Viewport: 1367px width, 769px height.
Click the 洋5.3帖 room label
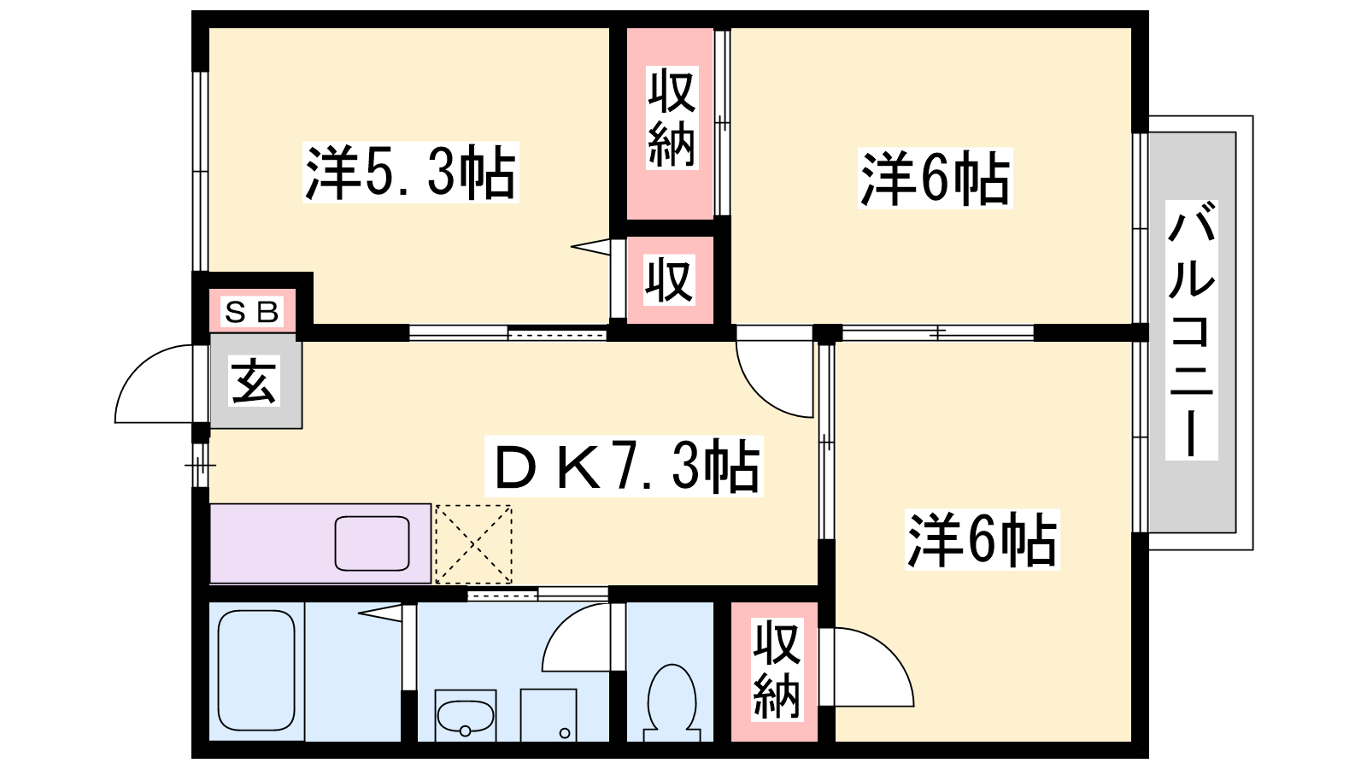(x=411, y=173)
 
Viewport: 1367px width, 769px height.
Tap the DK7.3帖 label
(x=624, y=467)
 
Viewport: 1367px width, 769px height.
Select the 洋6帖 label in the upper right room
(x=935, y=179)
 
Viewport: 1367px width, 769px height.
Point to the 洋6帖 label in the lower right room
(x=982, y=540)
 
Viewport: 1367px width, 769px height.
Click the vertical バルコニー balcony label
(x=1191, y=330)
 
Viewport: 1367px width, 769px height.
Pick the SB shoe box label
(x=252, y=313)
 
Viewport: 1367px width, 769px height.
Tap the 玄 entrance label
(x=255, y=381)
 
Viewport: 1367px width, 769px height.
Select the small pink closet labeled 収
(x=669, y=279)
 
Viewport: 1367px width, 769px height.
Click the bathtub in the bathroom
(x=256, y=670)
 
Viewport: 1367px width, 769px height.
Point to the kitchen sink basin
(x=373, y=543)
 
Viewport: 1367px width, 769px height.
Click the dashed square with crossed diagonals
(x=474, y=544)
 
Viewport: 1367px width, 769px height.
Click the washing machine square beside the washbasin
(x=549, y=715)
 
